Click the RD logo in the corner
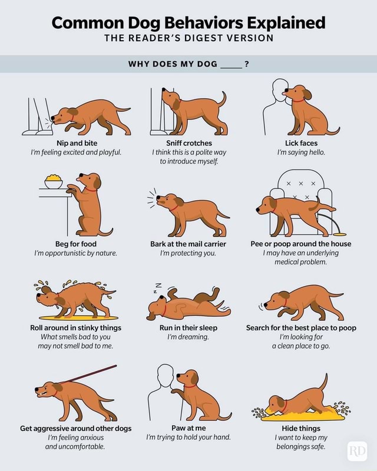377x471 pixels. click(358, 451)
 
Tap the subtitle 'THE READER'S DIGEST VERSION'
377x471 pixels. click(188, 38)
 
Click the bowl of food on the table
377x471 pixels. click(54, 181)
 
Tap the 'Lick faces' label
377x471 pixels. click(301, 143)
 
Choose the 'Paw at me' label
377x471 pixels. click(188, 428)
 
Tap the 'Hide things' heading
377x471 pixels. click(301, 428)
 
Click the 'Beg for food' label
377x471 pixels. click(76, 244)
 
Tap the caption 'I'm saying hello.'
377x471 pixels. click(301, 152)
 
